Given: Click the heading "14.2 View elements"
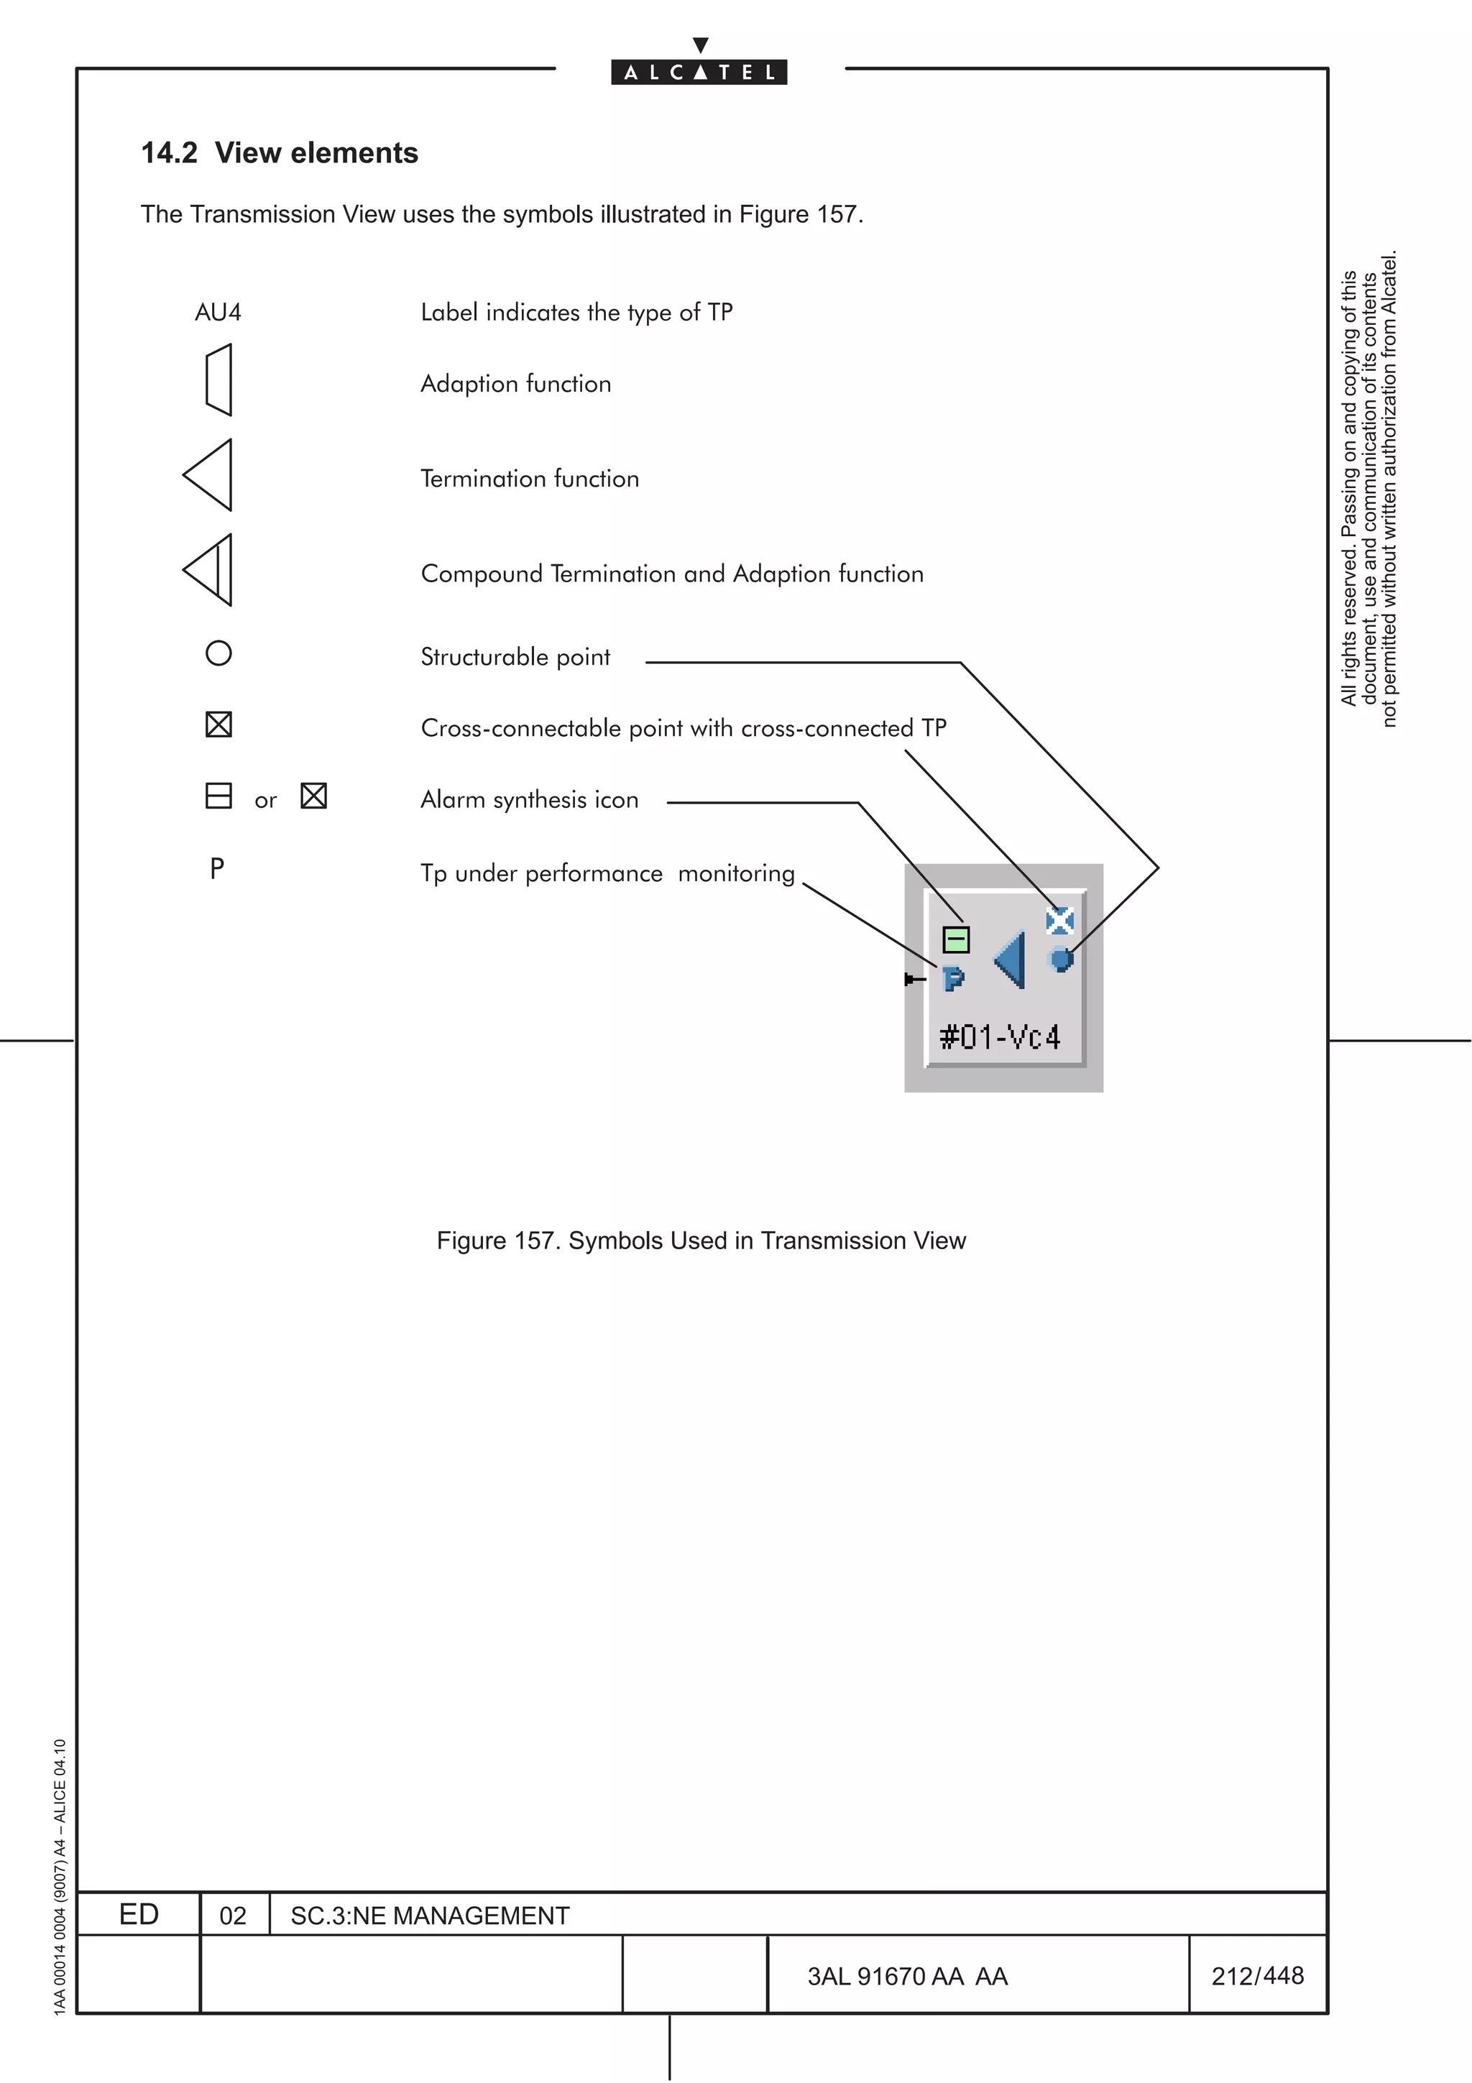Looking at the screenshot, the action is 280,152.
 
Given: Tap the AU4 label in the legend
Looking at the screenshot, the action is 218,313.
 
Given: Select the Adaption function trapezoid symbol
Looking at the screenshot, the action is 219,380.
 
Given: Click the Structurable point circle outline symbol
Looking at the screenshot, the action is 218,653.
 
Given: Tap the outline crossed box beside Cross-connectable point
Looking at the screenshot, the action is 218,725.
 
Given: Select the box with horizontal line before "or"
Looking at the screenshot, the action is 218,796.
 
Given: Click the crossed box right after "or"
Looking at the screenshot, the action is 314,796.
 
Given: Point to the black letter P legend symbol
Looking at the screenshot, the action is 217,869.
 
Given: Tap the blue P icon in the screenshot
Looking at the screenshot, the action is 953,979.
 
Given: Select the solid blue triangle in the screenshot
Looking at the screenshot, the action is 1011,960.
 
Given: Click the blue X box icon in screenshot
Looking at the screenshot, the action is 1059,921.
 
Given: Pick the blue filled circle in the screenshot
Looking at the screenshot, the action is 1060,958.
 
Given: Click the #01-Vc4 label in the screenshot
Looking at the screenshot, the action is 1000,1036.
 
